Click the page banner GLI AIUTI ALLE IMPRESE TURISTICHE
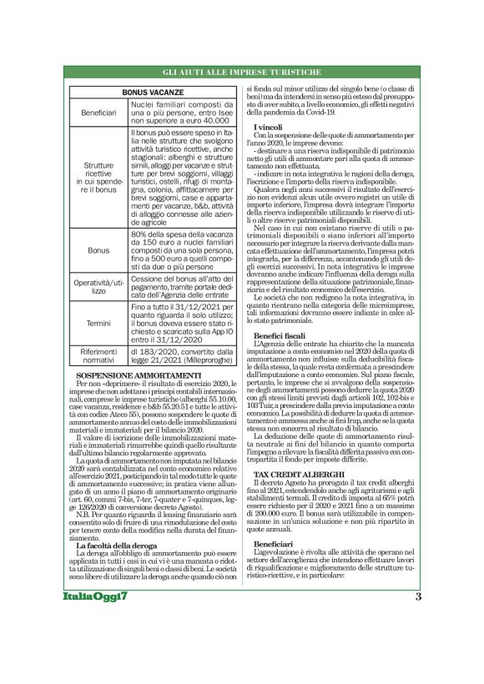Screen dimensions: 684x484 click(241, 73)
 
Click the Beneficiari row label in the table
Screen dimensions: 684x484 click(98, 112)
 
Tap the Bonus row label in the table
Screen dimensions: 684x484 click(98, 249)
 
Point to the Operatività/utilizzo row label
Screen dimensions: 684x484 click(98, 288)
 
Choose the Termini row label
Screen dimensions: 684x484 click(98, 324)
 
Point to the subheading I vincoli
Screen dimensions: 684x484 click(267, 125)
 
